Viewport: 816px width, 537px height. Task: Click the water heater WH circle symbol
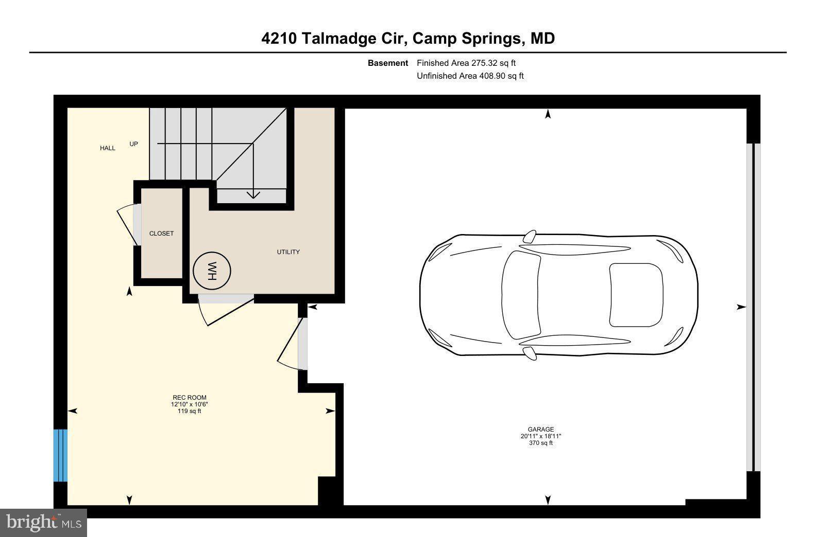[212, 270]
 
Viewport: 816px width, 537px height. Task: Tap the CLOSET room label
[161, 234]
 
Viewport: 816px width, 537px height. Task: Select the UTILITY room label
[288, 252]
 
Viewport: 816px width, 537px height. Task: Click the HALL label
[108, 148]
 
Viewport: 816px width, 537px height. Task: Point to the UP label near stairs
[133, 144]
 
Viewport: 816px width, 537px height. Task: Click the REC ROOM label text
[189, 397]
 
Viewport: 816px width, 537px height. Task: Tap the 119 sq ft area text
[189, 411]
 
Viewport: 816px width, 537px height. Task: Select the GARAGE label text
[540, 429]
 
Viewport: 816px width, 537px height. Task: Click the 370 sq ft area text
[540, 443]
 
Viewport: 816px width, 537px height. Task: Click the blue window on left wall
[60, 455]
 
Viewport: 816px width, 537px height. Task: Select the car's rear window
[636, 295]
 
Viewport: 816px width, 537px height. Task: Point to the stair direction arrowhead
[253, 194]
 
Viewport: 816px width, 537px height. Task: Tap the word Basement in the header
[387, 63]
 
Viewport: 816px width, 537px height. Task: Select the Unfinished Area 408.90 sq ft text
[470, 76]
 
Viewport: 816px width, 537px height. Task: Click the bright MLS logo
[44, 523]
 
